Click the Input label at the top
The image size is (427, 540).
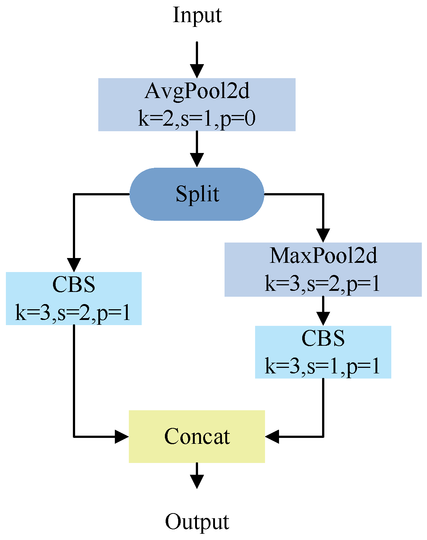coord(197,15)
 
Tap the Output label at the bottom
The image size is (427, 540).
coord(197,522)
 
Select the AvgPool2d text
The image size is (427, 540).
coord(197,91)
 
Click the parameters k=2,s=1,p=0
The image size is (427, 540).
coord(197,119)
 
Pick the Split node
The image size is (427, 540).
coord(197,194)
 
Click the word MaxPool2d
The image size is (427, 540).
coord(323,255)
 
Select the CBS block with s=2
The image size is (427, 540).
coord(74,299)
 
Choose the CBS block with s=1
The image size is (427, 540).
coord(323,352)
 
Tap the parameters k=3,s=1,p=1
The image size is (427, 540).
coord(322,366)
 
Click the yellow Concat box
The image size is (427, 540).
coord(197,436)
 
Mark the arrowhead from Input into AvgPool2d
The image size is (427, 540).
coord(197,71)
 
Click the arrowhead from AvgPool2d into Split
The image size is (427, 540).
coord(197,161)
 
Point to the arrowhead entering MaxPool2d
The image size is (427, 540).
coord(323,235)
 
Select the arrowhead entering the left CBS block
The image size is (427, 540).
coord(74,265)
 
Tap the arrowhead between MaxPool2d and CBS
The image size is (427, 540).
coord(323,319)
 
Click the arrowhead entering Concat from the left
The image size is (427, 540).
coord(122,437)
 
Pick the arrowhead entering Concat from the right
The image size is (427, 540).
coord(272,437)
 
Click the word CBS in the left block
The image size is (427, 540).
coord(74,285)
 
